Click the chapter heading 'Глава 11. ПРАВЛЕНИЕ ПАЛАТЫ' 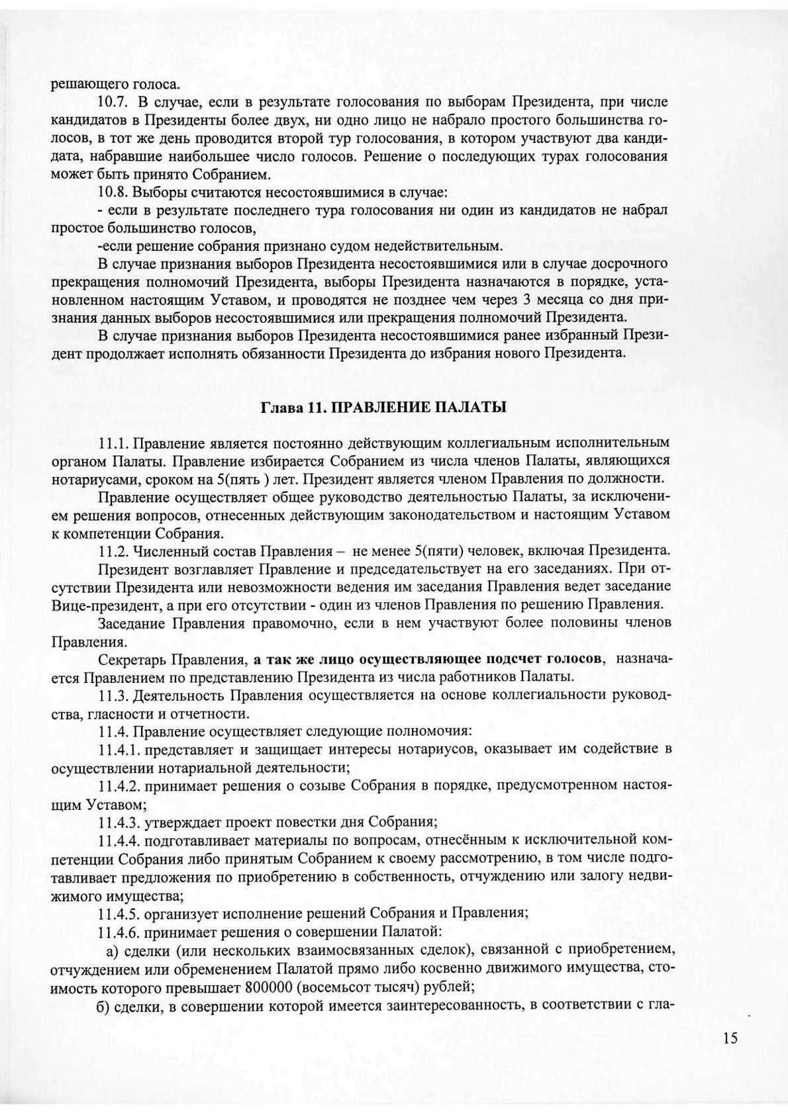point(384,407)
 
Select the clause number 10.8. point(112,193)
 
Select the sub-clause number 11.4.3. point(120,823)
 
